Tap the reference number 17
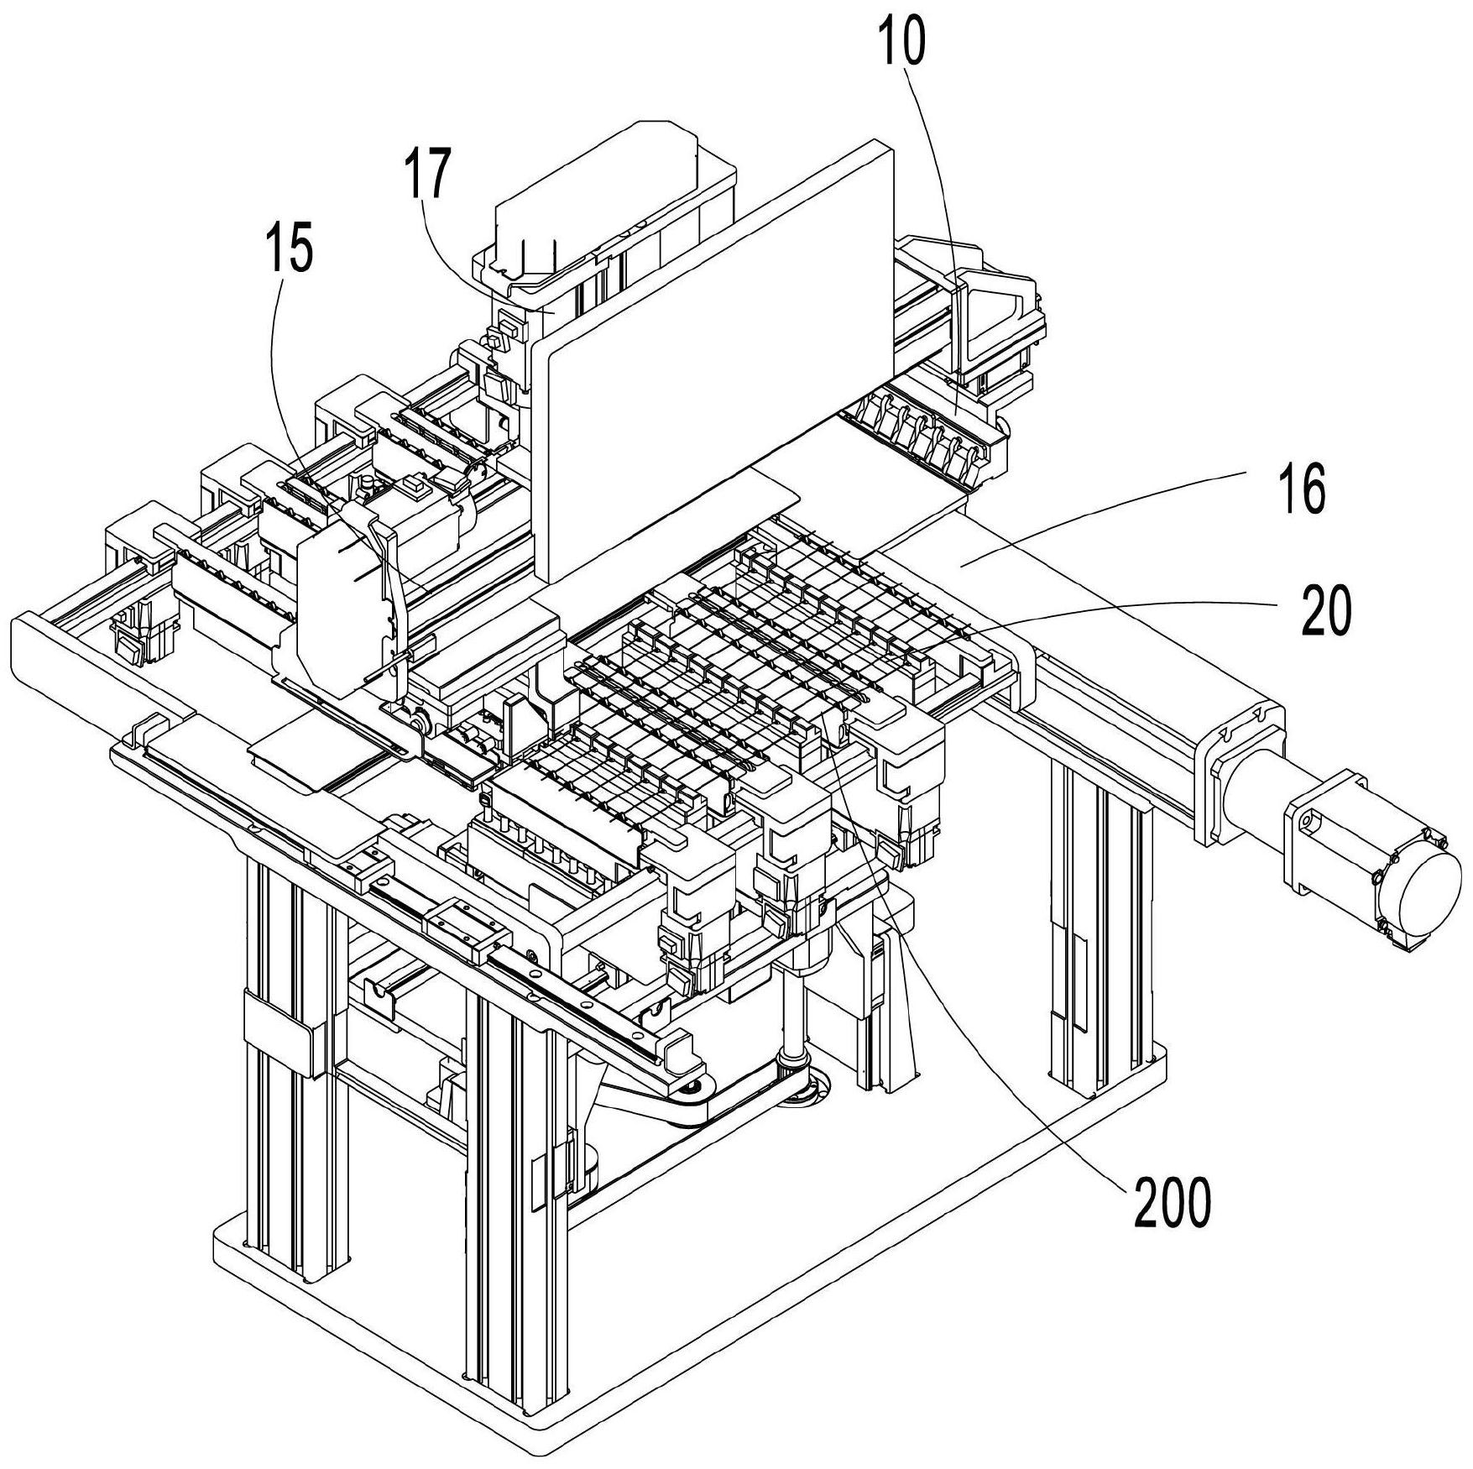(x=426, y=173)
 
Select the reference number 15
(x=289, y=250)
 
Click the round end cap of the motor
(x=1421, y=904)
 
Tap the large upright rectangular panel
(x=713, y=353)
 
